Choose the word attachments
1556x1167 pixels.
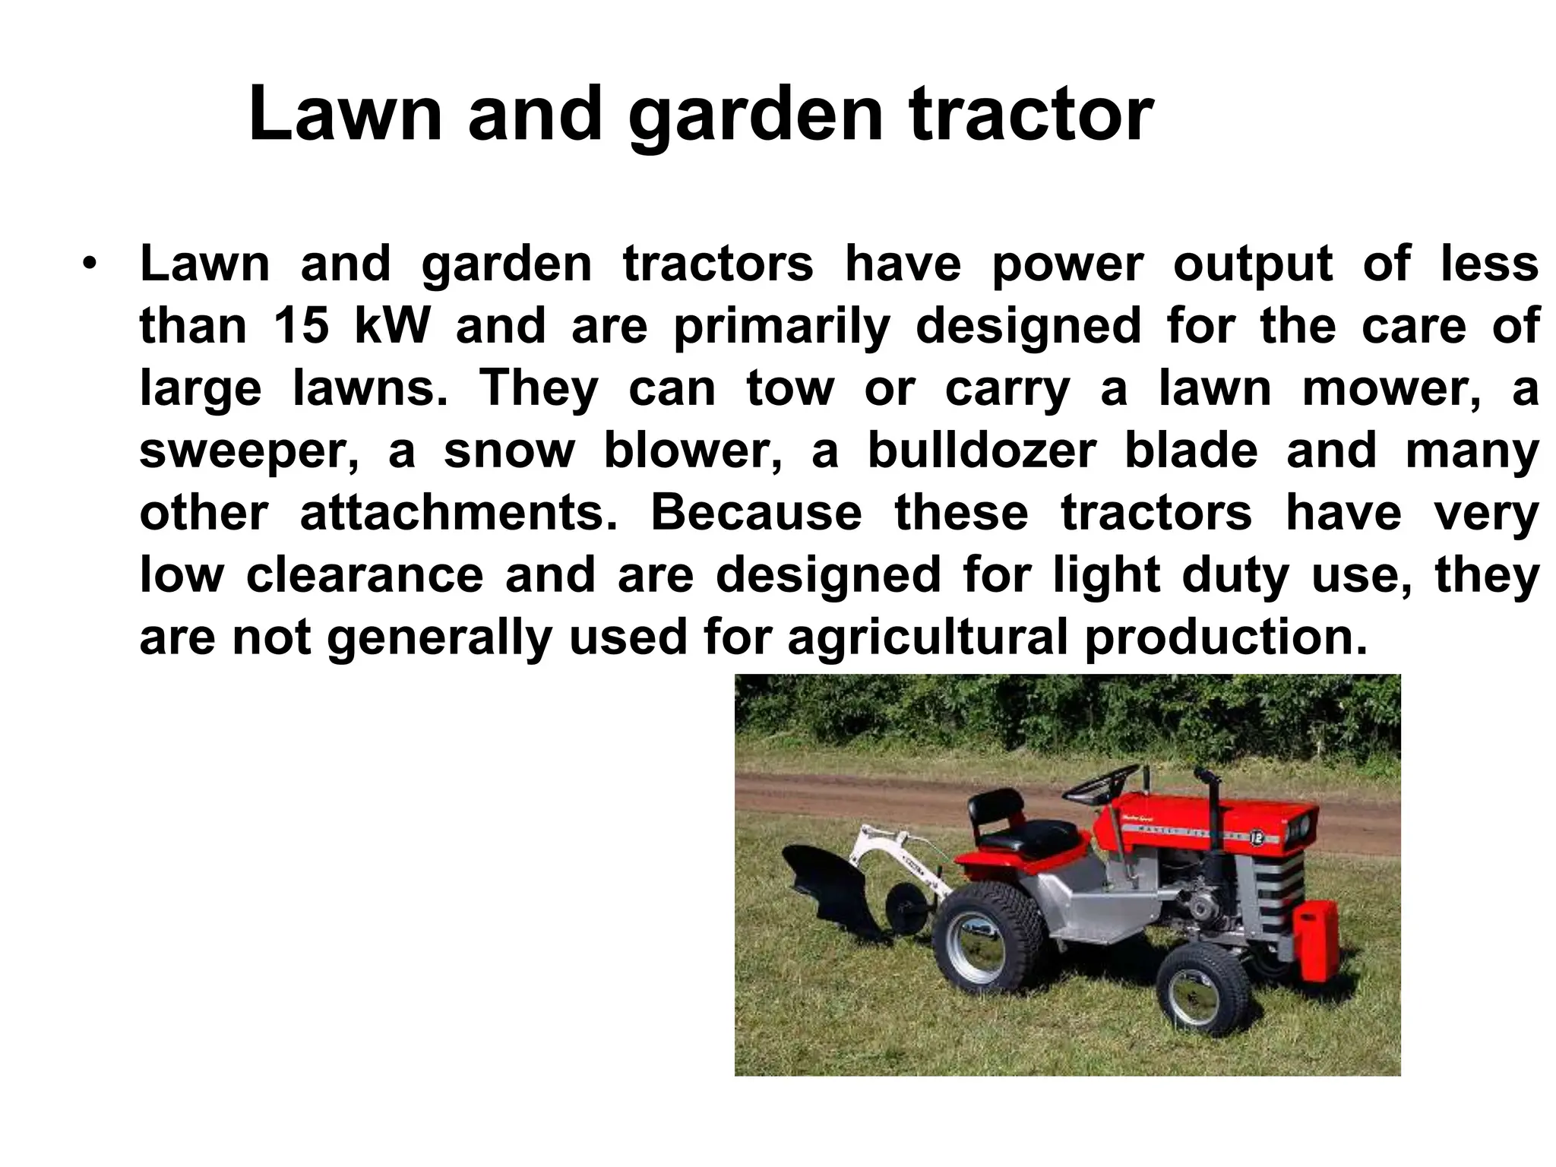[x=459, y=514]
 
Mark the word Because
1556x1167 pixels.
[x=756, y=513]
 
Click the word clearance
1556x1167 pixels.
[x=365, y=575]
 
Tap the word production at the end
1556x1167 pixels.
[x=1226, y=637]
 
